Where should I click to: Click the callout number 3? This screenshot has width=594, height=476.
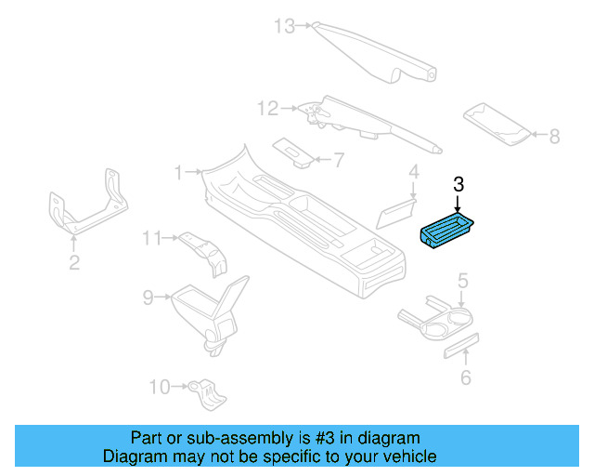pyautogui.click(x=458, y=183)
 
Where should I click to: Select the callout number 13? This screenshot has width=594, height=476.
pyautogui.click(x=284, y=26)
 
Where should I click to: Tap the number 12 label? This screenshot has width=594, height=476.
pyautogui.click(x=267, y=110)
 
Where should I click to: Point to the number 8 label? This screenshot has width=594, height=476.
pyautogui.click(x=554, y=137)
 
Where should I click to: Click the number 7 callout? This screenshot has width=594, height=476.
pyautogui.click(x=338, y=160)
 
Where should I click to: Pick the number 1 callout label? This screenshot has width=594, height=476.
pyautogui.click(x=179, y=171)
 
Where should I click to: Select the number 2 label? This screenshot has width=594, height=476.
pyautogui.click(x=74, y=263)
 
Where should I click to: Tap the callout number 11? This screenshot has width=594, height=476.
pyautogui.click(x=152, y=239)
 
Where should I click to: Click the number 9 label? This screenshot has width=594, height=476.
pyautogui.click(x=148, y=297)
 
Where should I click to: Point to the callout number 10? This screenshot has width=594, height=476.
pyautogui.click(x=160, y=386)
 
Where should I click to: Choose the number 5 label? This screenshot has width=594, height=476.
pyautogui.click(x=462, y=280)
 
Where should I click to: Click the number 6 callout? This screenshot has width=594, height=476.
pyautogui.click(x=466, y=377)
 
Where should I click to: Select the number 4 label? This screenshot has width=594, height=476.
pyautogui.click(x=414, y=172)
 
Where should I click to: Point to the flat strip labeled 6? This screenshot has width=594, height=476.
pyautogui.click(x=459, y=345)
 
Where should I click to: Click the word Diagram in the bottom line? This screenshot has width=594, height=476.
pyautogui.click(x=131, y=456)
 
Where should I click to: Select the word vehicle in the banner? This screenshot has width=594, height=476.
pyautogui.click(x=408, y=456)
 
